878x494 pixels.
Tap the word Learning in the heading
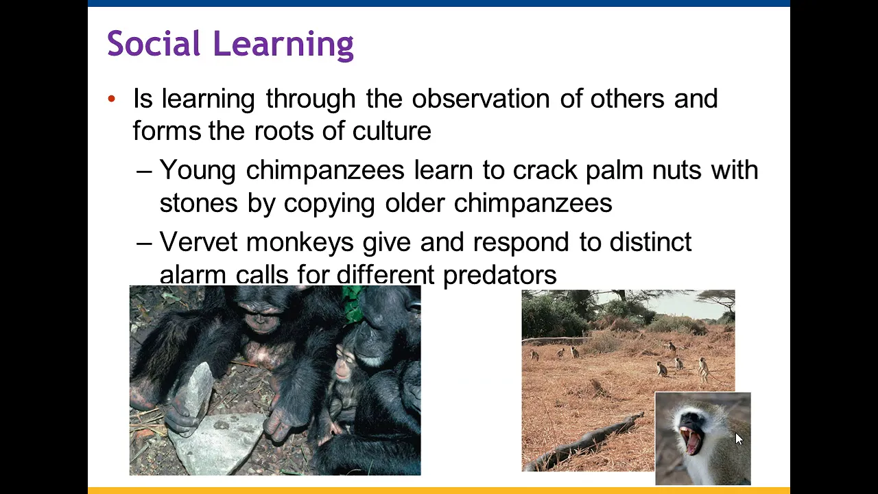click(284, 45)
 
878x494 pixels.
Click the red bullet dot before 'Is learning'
click(112, 98)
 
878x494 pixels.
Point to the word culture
click(392, 130)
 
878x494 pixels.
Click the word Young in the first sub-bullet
click(198, 171)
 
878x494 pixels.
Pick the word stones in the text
click(199, 203)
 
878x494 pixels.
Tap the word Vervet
click(198, 242)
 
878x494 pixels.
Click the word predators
click(500, 275)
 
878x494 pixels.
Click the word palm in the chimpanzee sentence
click(614, 171)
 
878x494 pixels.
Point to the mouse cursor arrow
click(739, 439)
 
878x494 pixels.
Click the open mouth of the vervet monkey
click(691, 440)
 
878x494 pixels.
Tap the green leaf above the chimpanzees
click(353, 300)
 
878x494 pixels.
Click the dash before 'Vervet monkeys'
click(144, 244)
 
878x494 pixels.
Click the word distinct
click(650, 242)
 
